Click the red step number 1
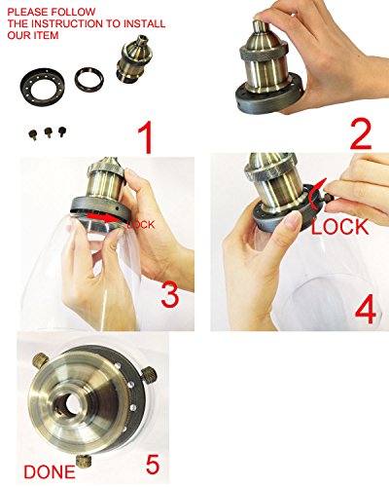pos(145,137)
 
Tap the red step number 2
pos(361,134)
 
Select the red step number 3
pos(170,294)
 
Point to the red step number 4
pos(366,310)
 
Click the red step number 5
pos(153,465)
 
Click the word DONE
pos(50,472)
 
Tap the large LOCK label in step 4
pos(339,227)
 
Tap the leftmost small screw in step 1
pos(33,134)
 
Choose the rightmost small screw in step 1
pos(61,131)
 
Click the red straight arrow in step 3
pos(104,217)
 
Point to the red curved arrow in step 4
pos(313,195)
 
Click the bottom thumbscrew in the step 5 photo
pos(84,462)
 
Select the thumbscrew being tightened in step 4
pos(329,198)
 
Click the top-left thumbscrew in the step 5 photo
pos(41,360)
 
